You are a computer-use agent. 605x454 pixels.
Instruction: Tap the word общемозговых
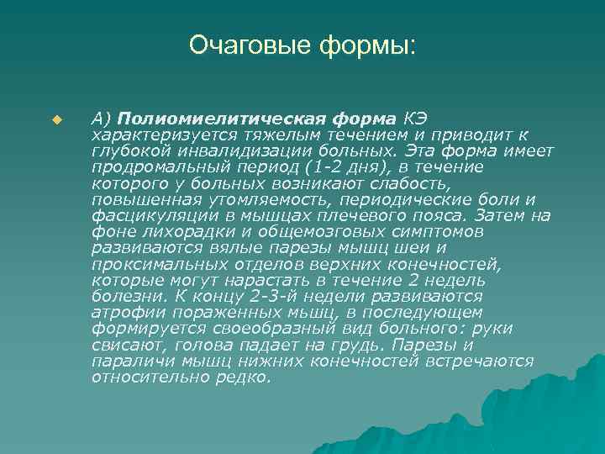pos(299,231)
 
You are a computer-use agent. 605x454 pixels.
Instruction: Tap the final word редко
pos(246,377)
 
